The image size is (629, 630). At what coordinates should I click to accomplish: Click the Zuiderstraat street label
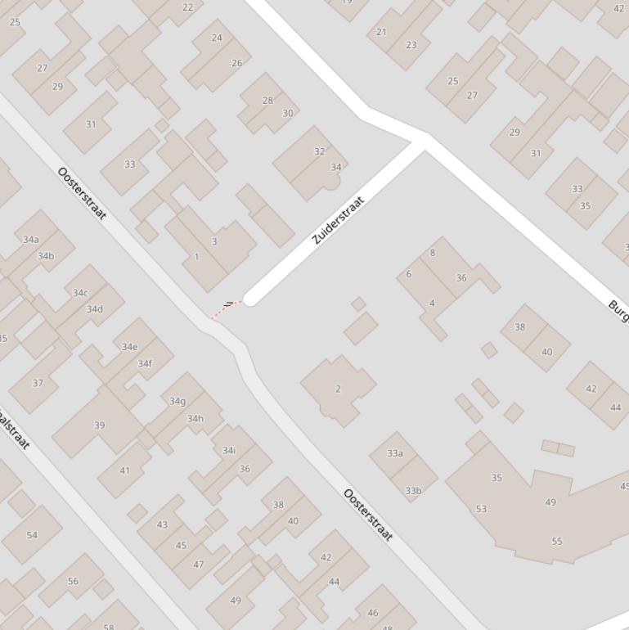coord(338,219)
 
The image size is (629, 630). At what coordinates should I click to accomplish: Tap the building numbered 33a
coord(395,453)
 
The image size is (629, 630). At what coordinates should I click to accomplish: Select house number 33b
coord(413,491)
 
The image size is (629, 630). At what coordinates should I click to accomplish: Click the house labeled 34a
coord(31,240)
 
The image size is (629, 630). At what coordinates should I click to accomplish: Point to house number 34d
coord(95,309)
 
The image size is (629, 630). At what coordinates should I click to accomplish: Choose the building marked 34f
coord(145,364)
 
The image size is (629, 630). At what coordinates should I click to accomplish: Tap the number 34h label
coord(195,419)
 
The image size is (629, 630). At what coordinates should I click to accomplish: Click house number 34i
coord(229,450)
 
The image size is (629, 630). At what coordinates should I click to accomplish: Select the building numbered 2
coord(338,389)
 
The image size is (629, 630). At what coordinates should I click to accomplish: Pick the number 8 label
coord(433,253)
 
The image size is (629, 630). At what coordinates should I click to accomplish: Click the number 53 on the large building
coord(481,509)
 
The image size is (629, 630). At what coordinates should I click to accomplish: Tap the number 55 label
coord(557,542)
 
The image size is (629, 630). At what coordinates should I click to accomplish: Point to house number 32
coord(319,151)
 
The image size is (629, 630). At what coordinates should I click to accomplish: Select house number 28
coord(267,101)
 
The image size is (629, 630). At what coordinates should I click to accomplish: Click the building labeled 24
coord(217,38)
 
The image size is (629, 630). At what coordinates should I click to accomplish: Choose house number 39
coord(100,425)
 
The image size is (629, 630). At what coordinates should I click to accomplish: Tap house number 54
coord(32,535)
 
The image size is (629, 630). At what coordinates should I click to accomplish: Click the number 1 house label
coord(196,257)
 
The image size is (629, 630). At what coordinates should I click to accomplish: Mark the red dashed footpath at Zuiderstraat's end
coord(223,310)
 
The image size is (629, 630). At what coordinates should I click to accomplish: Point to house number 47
coord(199,565)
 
